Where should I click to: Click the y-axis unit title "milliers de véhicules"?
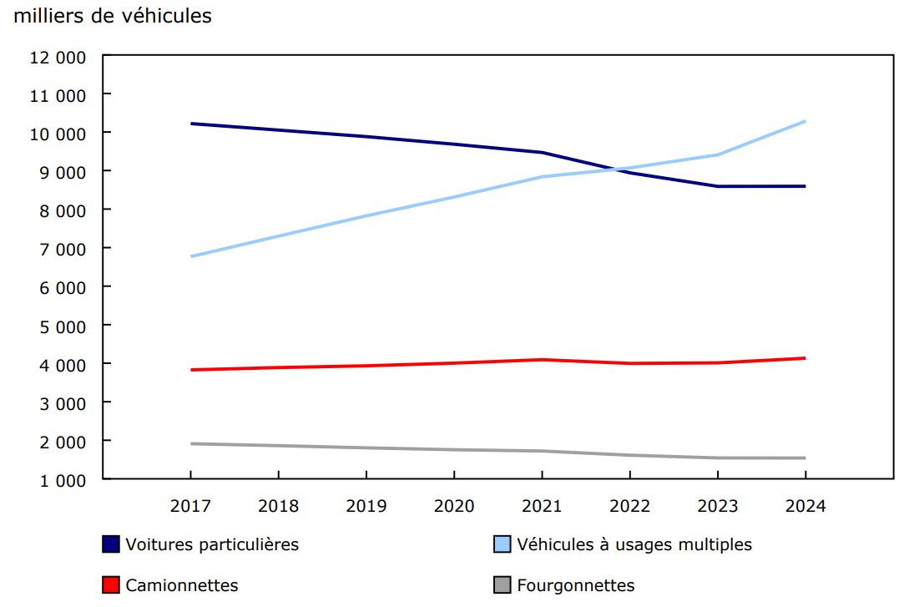pos(113,16)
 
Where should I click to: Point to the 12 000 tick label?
pos(59,57)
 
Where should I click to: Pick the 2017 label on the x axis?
pos(190,506)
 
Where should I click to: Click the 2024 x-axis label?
pos(805,506)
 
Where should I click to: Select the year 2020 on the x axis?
pos(454,506)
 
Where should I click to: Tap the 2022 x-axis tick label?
pos(629,506)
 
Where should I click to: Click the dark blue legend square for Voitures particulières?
pos(110,544)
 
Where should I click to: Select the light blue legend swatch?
pos(502,544)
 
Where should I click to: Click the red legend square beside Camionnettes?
pos(110,585)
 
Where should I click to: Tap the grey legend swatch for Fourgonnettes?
pos(502,585)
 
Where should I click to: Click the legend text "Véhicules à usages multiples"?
pos(634,544)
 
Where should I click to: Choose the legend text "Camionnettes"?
pos(182,585)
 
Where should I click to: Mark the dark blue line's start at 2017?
pos(191,124)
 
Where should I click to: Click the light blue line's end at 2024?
pos(805,121)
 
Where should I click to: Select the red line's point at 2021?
pos(542,360)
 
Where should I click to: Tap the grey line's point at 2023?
pos(717,458)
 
